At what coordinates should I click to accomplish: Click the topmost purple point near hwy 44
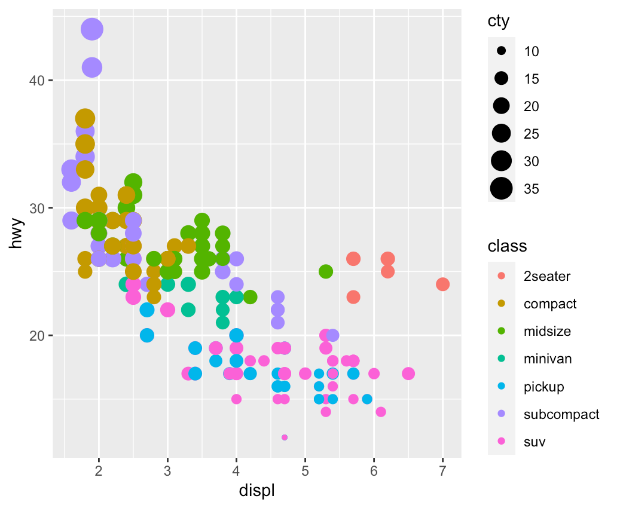pyautogui.click(x=91, y=29)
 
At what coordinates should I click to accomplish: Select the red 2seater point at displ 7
pyautogui.click(x=442, y=284)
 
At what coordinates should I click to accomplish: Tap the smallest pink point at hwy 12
pyautogui.click(x=284, y=437)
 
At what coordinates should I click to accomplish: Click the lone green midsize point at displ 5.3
pyautogui.click(x=325, y=271)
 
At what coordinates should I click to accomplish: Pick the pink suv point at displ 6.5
pyautogui.click(x=408, y=374)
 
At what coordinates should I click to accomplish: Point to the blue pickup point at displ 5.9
pyautogui.click(x=367, y=399)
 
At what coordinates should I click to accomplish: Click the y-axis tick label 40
pyautogui.click(x=36, y=80)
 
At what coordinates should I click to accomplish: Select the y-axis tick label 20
pyautogui.click(x=36, y=335)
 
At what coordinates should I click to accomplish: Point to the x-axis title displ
pyautogui.click(x=256, y=491)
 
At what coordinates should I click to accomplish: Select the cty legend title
pyautogui.click(x=498, y=22)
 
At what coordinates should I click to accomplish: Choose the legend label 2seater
pyautogui.click(x=546, y=276)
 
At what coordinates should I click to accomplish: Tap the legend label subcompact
pyautogui.click(x=561, y=414)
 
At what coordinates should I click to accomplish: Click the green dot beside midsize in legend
pyautogui.click(x=501, y=331)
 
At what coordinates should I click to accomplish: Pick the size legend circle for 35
pyautogui.click(x=501, y=188)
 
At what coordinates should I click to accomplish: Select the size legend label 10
pyautogui.click(x=531, y=51)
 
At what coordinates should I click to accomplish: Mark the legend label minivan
pyautogui.click(x=548, y=359)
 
